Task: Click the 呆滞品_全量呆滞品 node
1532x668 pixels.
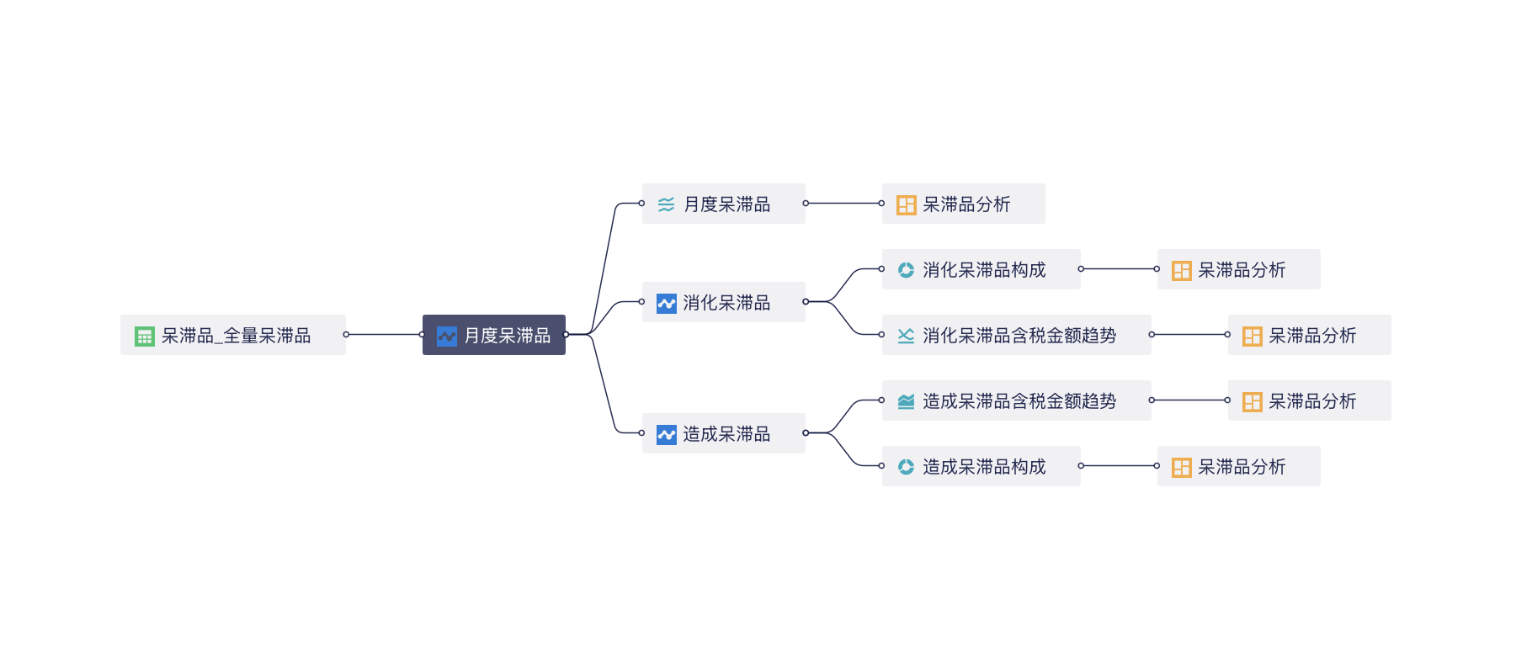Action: point(233,335)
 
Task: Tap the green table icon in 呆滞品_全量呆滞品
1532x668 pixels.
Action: point(145,337)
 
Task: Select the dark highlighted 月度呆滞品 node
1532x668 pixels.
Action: point(494,335)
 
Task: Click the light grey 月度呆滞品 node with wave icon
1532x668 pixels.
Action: point(724,204)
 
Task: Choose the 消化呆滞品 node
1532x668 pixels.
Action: point(724,302)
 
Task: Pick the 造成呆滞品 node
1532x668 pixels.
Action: point(724,433)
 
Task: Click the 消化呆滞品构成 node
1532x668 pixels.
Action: point(981,269)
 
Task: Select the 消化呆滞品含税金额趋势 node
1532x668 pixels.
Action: point(1017,335)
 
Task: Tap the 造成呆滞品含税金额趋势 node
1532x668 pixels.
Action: point(1017,400)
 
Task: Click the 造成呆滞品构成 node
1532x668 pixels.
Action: point(981,466)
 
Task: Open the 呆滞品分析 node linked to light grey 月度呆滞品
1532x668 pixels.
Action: point(964,204)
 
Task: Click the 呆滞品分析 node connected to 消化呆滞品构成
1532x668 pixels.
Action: point(1239,269)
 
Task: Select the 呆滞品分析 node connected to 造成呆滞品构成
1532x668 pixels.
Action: point(1239,466)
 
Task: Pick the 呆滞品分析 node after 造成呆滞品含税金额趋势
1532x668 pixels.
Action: point(1310,400)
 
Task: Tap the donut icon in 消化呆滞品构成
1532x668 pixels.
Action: point(906,270)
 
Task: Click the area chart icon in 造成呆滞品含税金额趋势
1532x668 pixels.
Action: point(906,401)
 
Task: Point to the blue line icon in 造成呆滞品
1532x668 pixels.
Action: point(667,435)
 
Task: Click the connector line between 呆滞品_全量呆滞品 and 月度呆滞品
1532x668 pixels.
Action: point(384,335)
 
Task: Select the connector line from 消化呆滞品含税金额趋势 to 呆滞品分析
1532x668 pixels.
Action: point(1189,335)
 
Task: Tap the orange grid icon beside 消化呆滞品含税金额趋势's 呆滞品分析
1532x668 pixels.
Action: point(1253,337)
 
